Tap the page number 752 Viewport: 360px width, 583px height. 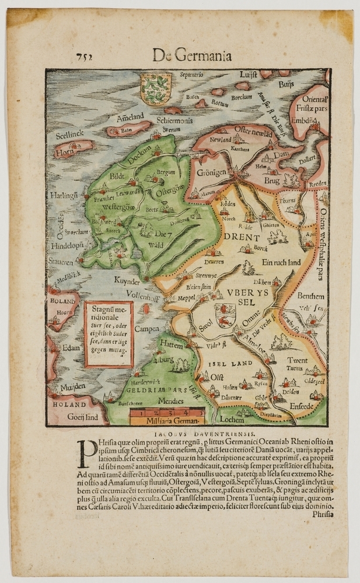(85, 57)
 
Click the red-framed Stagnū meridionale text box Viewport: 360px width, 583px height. (109, 334)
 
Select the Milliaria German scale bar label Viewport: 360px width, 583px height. (166, 420)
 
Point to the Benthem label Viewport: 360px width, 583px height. (312, 296)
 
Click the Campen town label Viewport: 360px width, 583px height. (146, 329)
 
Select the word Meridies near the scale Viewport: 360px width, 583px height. (170, 401)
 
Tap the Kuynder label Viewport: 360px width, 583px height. (127, 280)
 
